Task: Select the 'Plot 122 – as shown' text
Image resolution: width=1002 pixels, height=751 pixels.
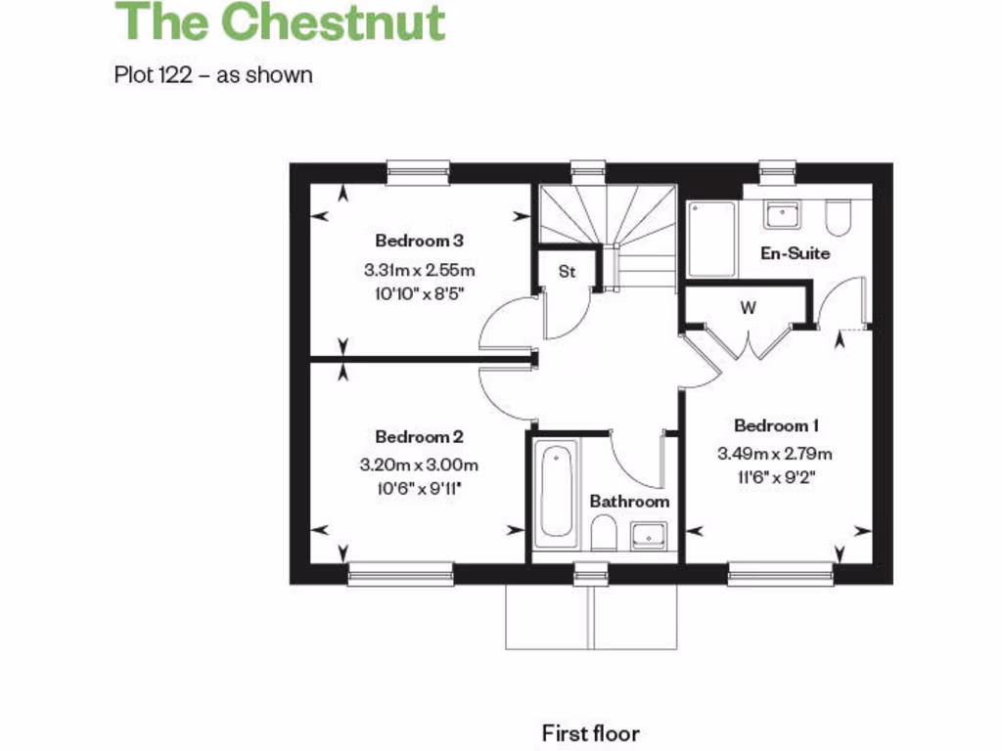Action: coord(213,74)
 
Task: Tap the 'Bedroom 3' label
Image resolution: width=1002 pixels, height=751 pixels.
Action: coord(419,241)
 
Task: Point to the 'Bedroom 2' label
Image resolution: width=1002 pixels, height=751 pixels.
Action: coord(419,437)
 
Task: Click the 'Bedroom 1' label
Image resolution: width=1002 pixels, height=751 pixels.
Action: coord(776,425)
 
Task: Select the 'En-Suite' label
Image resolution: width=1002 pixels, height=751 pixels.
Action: coord(796,253)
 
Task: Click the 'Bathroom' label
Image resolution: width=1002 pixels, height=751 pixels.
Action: coord(629,501)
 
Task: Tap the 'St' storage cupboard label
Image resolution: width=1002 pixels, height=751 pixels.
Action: coord(567,272)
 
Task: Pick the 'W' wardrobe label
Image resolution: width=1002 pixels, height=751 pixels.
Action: coord(748,308)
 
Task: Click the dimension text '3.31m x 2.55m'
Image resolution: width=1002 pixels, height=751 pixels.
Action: coord(425,270)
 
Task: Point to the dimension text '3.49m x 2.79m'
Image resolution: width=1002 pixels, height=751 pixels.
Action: coord(775,454)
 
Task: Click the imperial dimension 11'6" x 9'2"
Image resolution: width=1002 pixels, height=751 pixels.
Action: coord(775,478)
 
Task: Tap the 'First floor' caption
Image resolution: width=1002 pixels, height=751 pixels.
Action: coord(590,732)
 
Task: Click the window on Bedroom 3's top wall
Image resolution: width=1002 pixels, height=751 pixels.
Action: coord(418,172)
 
